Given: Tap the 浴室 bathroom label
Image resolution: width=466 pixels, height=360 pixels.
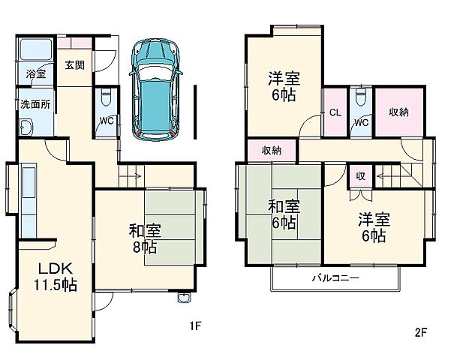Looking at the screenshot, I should pos(36,73).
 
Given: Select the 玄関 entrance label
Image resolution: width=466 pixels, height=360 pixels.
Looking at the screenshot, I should pos(74,65).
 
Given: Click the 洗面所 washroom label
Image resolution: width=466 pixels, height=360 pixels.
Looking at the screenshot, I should pos(35,105).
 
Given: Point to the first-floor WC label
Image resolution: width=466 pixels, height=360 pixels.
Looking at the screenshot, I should pos(107,120).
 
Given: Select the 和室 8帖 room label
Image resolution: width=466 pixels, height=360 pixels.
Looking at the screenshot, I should pos(143,238).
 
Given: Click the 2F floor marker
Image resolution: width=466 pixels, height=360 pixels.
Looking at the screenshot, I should pos(421,331).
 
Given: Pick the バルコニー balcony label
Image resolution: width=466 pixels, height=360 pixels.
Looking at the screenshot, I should pos(335,278).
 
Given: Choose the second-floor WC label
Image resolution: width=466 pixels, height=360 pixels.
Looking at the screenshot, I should pos(361,122).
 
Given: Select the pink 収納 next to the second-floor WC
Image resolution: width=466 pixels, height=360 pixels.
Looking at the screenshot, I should pos(398,112).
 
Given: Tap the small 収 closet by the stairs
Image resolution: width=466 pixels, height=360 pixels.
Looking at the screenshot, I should pos(361,176).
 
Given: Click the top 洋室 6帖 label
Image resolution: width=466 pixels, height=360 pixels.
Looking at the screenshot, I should pos(283,85).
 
